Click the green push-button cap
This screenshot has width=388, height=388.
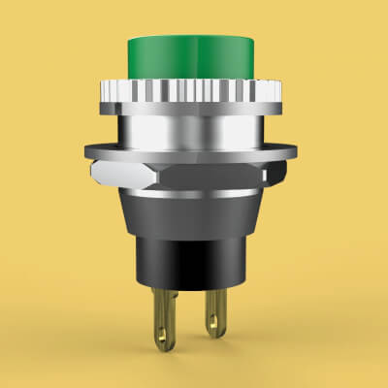(x=194, y=58)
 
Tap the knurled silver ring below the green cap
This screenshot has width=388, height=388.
(x=194, y=94)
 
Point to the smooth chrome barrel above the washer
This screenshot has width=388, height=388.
(x=194, y=131)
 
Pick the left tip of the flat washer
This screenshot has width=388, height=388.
(x=87, y=151)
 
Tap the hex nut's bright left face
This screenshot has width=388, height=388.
(x=114, y=174)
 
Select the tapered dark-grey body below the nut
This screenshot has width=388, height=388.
(x=194, y=213)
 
